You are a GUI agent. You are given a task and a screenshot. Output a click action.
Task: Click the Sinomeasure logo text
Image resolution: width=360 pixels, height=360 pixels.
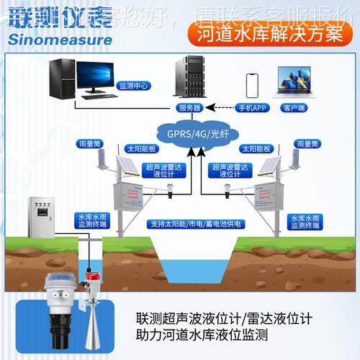[61, 39]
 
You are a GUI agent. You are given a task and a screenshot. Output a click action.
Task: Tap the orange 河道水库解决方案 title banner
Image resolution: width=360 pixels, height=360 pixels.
[267, 33]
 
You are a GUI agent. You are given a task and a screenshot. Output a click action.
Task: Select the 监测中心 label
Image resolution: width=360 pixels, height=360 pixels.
[133, 85]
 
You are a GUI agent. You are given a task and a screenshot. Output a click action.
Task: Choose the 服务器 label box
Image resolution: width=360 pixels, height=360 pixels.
[189, 108]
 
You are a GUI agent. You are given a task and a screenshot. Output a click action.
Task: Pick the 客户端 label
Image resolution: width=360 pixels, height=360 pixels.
[293, 108]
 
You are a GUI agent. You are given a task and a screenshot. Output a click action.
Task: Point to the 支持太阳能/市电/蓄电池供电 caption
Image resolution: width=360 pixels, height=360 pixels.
[192, 224]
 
